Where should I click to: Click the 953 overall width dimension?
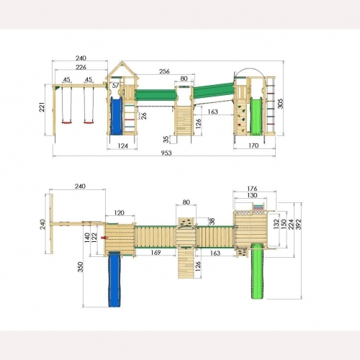point(166,153)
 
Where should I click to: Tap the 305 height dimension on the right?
point(280,104)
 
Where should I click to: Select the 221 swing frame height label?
point(42,107)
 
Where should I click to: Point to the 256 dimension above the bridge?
point(164,71)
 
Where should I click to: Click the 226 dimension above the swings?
point(81,67)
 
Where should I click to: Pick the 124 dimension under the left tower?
point(123,145)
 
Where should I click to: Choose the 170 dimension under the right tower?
point(253,145)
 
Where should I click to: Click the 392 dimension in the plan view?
point(299,225)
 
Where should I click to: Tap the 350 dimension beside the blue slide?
point(81,267)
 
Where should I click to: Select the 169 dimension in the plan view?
point(156,252)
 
